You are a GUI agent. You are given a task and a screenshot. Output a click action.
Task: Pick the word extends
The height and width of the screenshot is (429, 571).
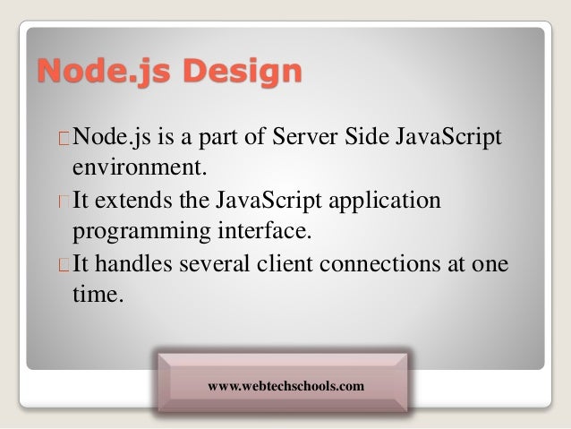tap(132, 199)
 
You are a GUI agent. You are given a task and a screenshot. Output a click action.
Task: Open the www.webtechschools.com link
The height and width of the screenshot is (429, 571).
tap(285, 386)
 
